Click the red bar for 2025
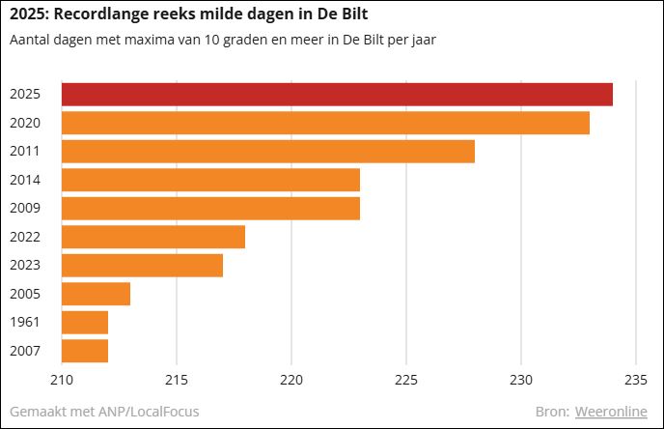(x=337, y=95)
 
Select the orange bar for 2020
(x=325, y=123)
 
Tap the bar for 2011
(x=268, y=152)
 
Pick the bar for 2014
(x=210, y=180)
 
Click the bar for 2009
(x=210, y=208)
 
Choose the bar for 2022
(x=153, y=237)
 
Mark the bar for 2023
(x=142, y=265)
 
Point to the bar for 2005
(x=96, y=294)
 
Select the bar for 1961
(x=85, y=322)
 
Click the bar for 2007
(x=85, y=350)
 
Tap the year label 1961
(x=24, y=322)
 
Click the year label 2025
(x=24, y=95)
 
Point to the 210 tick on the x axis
(x=62, y=379)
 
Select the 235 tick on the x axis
(x=635, y=379)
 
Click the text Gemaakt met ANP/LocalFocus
(x=104, y=412)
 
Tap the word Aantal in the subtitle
(x=29, y=41)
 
